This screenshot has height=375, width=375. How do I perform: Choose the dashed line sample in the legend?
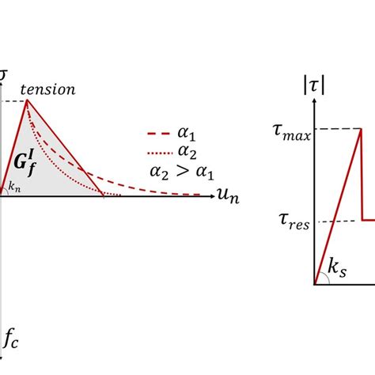(x=161, y=134)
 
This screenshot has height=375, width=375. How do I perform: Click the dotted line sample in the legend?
(x=161, y=152)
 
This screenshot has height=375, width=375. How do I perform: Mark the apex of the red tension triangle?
(x=28, y=100)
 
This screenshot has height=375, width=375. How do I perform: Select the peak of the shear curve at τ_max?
(x=361, y=129)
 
